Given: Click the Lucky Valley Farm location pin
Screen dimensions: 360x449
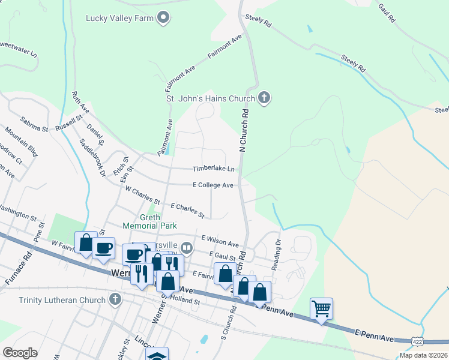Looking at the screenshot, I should [163, 19].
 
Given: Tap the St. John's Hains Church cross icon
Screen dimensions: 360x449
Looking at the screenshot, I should [265, 97].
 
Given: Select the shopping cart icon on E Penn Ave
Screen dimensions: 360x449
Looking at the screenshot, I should [321, 308].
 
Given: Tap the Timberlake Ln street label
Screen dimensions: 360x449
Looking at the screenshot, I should [212, 169].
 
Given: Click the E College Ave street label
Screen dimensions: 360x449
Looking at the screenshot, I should [212, 185].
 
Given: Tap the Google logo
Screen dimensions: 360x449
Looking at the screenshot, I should [20, 352].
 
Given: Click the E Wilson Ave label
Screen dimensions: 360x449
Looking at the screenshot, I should [220, 241].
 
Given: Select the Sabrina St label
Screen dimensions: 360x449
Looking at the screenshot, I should [34, 124].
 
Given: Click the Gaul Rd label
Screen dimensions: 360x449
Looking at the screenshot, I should [386, 14].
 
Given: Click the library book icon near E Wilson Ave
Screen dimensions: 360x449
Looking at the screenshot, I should [187, 247].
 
